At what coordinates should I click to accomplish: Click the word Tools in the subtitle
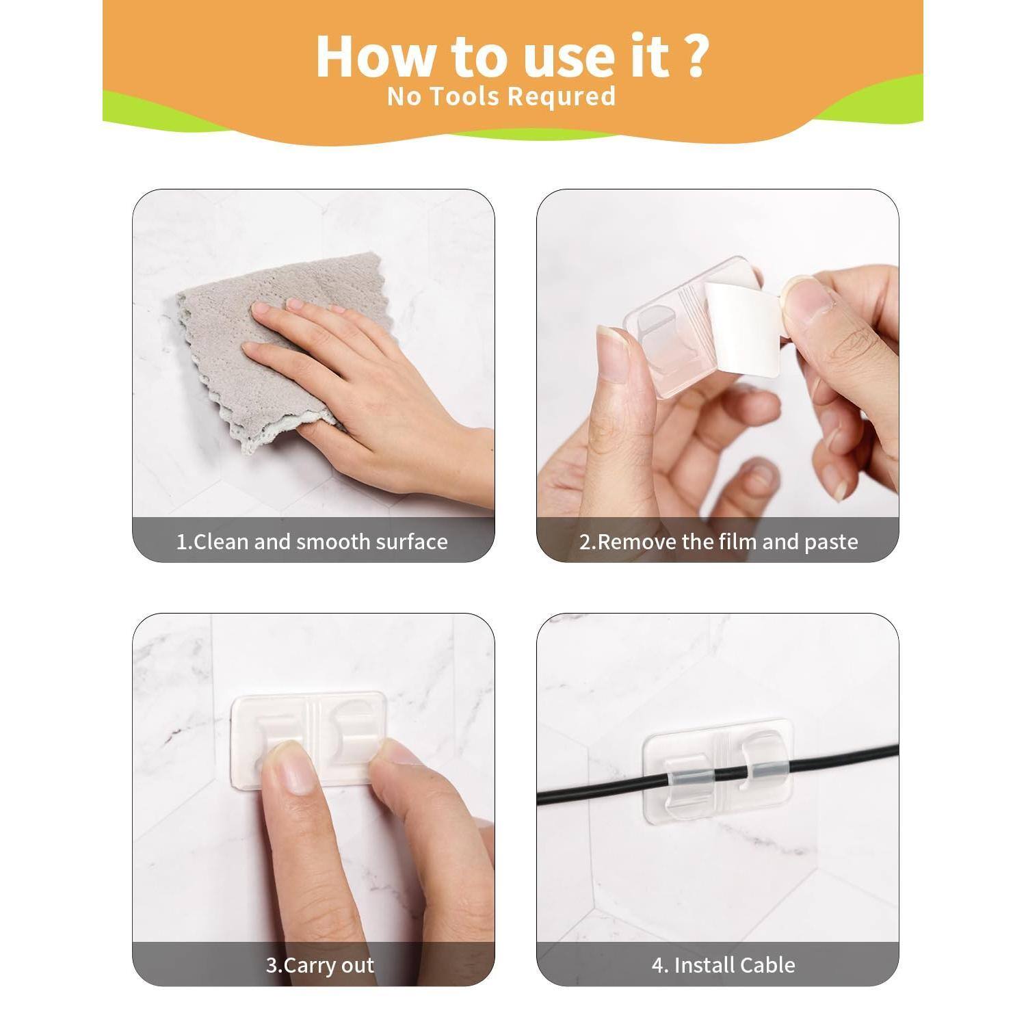point(465,96)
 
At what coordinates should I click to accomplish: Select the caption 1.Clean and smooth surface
point(312,542)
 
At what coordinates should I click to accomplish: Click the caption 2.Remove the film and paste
point(718,542)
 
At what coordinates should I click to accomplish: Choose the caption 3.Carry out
point(319,965)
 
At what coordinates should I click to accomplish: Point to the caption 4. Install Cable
point(723,965)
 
